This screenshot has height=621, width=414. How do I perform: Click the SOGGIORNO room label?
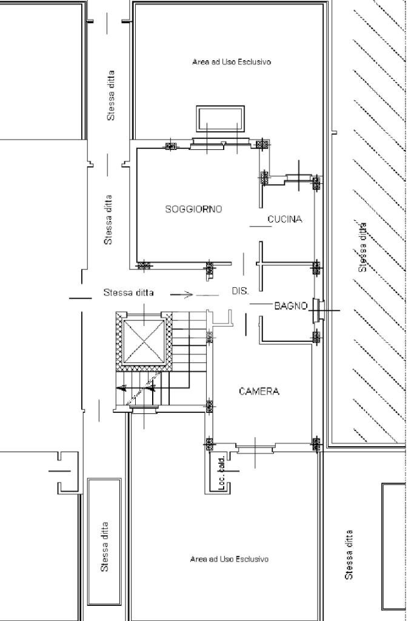[x=193, y=209]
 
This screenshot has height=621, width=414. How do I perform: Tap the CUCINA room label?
[x=285, y=219]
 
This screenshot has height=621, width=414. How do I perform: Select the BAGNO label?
[x=291, y=306]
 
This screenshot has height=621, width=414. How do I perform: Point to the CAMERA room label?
[x=259, y=392]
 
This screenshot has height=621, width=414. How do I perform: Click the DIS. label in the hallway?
[x=240, y=291]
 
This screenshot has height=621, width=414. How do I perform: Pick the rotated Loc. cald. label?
[x=222, y=472]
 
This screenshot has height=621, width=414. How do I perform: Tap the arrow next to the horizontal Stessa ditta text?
[x=181, y=295]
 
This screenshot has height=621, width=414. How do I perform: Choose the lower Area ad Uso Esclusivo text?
[x=229, y=558]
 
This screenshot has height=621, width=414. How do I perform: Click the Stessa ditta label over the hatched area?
[x=362, y=246]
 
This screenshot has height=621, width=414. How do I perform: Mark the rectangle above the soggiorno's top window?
[x=220, y=118]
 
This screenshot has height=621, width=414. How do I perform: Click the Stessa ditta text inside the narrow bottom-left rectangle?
[x=105, y=546]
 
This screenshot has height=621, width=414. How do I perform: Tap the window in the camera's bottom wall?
[x=255, y=449]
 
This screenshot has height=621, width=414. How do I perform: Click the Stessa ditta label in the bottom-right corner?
[x=349, y=554]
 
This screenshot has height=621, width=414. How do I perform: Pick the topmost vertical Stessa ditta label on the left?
[x=111, y=95]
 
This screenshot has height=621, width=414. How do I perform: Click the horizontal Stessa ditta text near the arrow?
[x=129, y=293]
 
